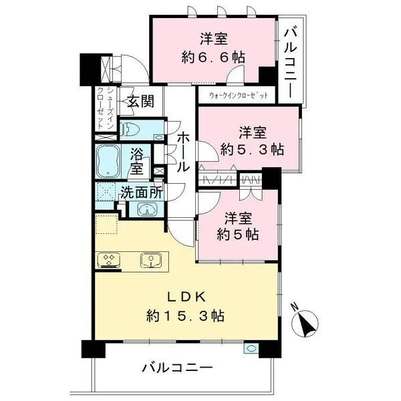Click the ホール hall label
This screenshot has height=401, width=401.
click(182, 152)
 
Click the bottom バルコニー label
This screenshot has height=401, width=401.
click(176, 368)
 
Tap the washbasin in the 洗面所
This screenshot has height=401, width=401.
click(148, 209)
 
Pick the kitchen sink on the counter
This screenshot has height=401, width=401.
click(151, 259)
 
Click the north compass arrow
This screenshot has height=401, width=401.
click(307, 325)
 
